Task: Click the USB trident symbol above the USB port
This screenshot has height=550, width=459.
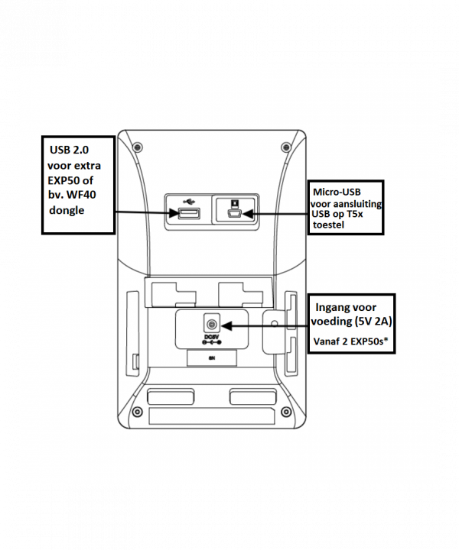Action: coord(187,202)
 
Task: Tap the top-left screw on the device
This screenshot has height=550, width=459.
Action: coord(136,146)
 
